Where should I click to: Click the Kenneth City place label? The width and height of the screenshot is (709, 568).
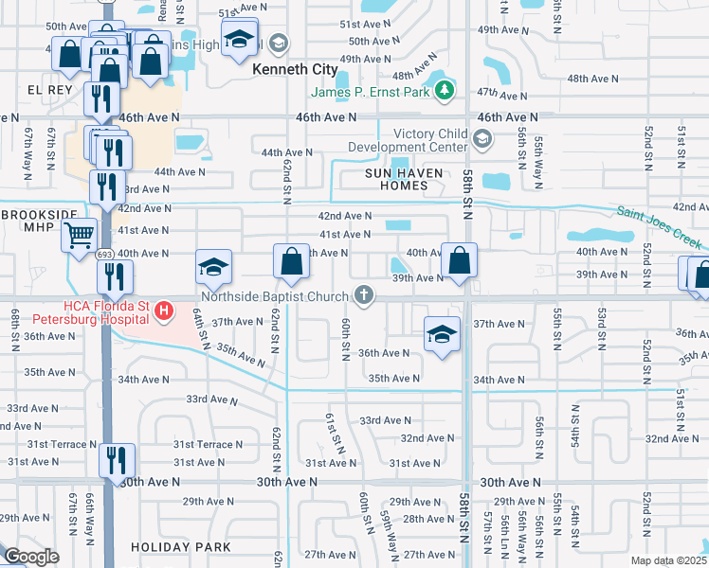pyautogui.click(x=295, y=69)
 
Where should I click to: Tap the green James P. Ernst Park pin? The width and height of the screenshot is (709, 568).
pyautogui.click(x=444, y=92)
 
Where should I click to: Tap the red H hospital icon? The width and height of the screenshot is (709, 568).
pyautogui.click(x=164, y=310)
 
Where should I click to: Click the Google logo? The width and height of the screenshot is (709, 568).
pyautogui.click(x=31, y=557)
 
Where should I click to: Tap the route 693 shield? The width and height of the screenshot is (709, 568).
pyautogui.click(x=105, y=255)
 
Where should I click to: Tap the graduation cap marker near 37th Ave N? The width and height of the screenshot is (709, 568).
pyautogui.click(x=441, y=334)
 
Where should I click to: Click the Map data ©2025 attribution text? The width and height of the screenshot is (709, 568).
pyautogui.click(x=668, y=560)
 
